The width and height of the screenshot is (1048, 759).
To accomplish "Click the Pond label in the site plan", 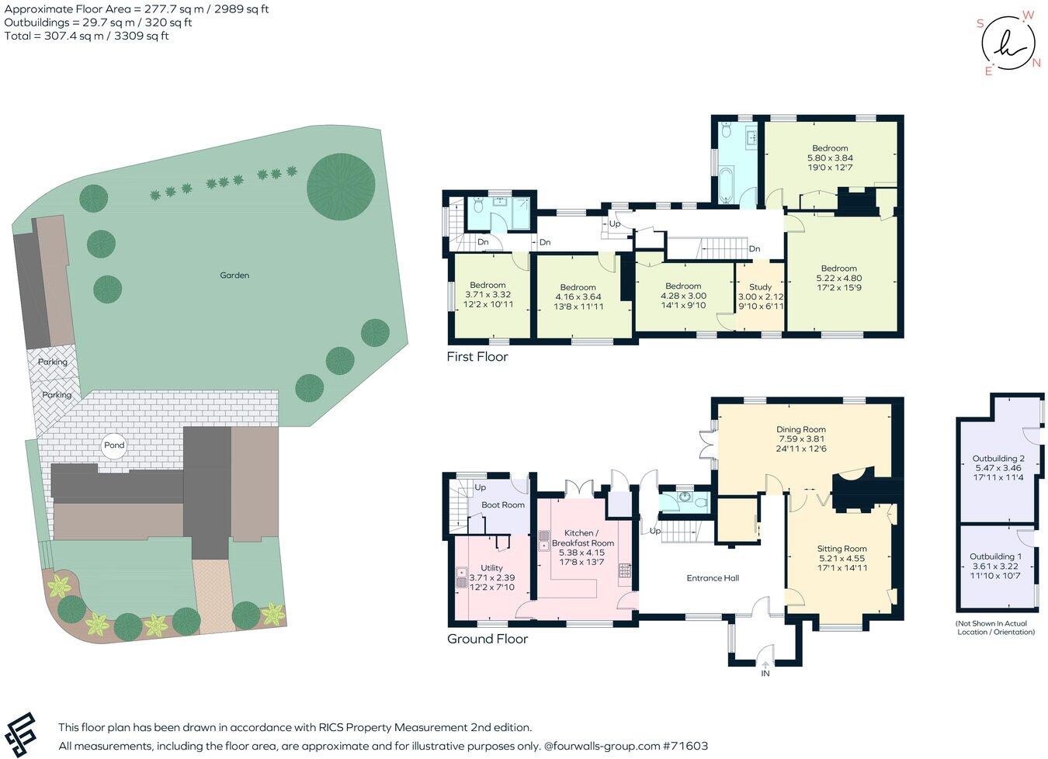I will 114,445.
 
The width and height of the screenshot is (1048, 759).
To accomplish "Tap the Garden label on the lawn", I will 234,275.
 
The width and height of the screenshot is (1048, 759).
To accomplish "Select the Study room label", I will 760,287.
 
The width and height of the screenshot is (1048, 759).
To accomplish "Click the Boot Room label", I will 503,504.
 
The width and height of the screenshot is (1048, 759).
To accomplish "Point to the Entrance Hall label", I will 713,577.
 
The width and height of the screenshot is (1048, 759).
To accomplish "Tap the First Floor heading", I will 477,357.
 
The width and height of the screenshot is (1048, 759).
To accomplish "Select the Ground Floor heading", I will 487,639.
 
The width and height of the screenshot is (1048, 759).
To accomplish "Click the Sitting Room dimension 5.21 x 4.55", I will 842,558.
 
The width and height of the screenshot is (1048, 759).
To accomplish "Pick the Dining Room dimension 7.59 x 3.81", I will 801,439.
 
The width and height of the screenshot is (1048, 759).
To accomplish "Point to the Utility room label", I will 491,568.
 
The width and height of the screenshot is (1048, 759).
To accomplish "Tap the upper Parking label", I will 53,362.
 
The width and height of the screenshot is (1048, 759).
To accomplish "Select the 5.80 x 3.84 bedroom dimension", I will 830,158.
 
